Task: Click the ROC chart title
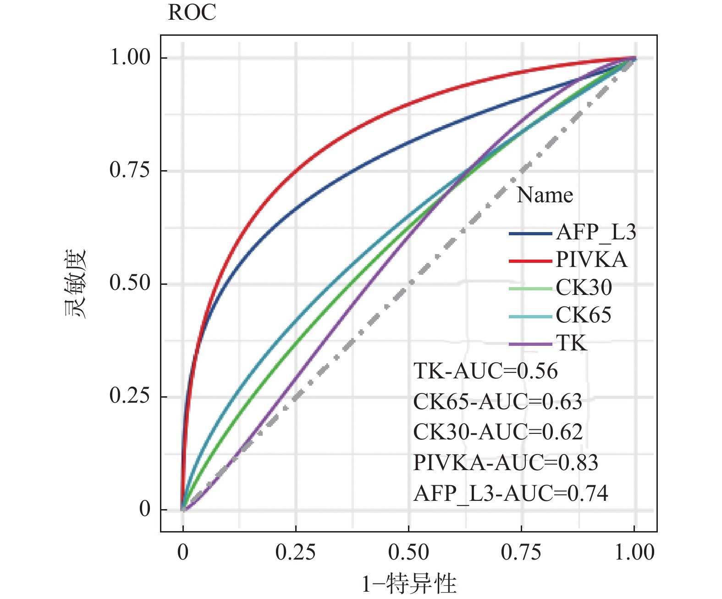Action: (192, 12)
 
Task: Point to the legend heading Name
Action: (545, 195)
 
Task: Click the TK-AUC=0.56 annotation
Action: (485, 371)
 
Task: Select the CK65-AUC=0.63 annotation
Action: (497, 402)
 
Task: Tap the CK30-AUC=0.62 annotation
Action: (497, 432)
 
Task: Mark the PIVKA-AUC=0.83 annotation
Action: (506, 463)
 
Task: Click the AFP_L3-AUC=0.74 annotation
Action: (511, 494)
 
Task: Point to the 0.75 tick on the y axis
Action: (130, 170)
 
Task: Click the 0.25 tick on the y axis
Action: (130, 396)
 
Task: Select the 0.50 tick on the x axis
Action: (408, 553)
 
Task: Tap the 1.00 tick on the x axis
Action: (634, 553)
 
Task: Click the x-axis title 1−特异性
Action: (409, 584)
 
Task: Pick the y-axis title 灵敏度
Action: (75, 283)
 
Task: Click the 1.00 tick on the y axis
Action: (130, 57)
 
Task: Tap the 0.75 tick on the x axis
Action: (521, 553)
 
